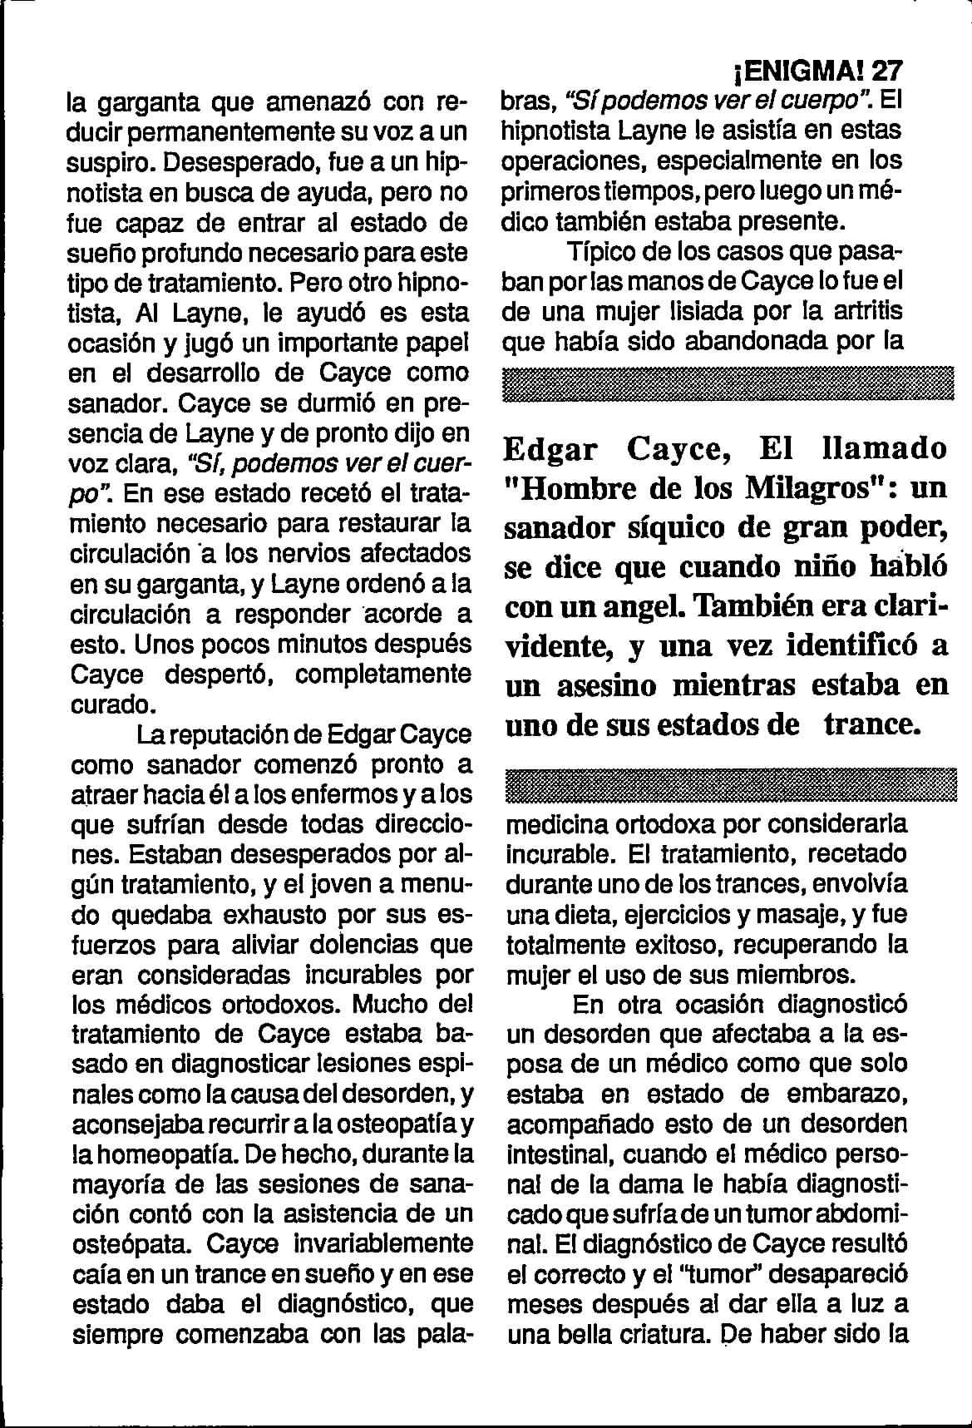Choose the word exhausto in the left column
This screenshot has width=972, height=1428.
click(265, 915)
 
